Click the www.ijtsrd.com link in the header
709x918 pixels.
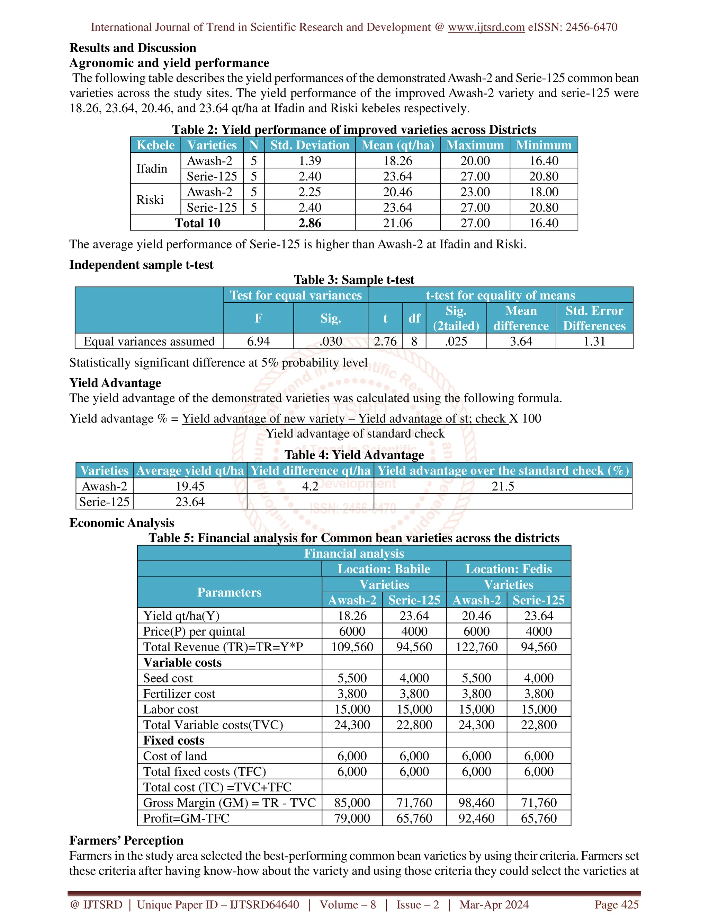(x=486, y=27)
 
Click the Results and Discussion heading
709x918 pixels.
(x=133, y=48)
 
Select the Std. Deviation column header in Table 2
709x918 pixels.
(x=309, y=145)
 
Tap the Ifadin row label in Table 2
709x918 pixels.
(x=152, y=169)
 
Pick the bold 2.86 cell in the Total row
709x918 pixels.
(x=309, y=223)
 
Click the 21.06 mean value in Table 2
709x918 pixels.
(x=397, y=223)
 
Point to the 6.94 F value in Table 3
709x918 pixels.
(x=258, y=341)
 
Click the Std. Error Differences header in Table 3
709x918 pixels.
(x=594, y=318)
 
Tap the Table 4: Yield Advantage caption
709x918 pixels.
(x=354, y=455)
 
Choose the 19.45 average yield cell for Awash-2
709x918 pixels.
(x=190, y=486)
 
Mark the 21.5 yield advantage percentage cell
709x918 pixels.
(x=502, y=486)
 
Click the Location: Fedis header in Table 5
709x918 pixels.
(x=508, y=569)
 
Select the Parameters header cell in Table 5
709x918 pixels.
(x=229, y=592)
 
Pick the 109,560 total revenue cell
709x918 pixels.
(x=352, y=647)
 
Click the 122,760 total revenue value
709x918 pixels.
(x=476, y=647)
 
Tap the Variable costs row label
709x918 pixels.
(x=182, y=662)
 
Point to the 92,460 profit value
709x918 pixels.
(x=476, y=818)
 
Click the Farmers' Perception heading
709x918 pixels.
(x=126, y=840)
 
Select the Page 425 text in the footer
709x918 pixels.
(x=616, y=904)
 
